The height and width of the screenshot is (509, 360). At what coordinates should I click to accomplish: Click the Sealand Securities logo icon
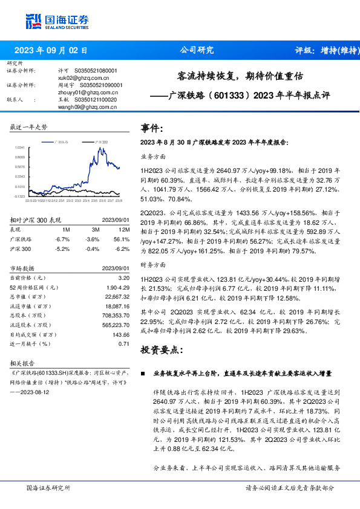pos(34,22)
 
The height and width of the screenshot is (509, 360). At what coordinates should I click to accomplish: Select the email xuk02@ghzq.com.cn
pos(78,78)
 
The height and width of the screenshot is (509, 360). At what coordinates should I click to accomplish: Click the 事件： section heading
pos(151,128)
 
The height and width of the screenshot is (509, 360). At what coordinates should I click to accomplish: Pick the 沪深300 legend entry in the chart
pos(101,141)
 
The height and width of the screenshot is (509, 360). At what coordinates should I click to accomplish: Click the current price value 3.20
pos(124,277)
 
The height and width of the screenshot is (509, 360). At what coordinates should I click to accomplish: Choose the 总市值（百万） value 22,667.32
pos(117,296)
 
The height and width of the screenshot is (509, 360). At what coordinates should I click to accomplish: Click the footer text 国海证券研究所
pos(49,488)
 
